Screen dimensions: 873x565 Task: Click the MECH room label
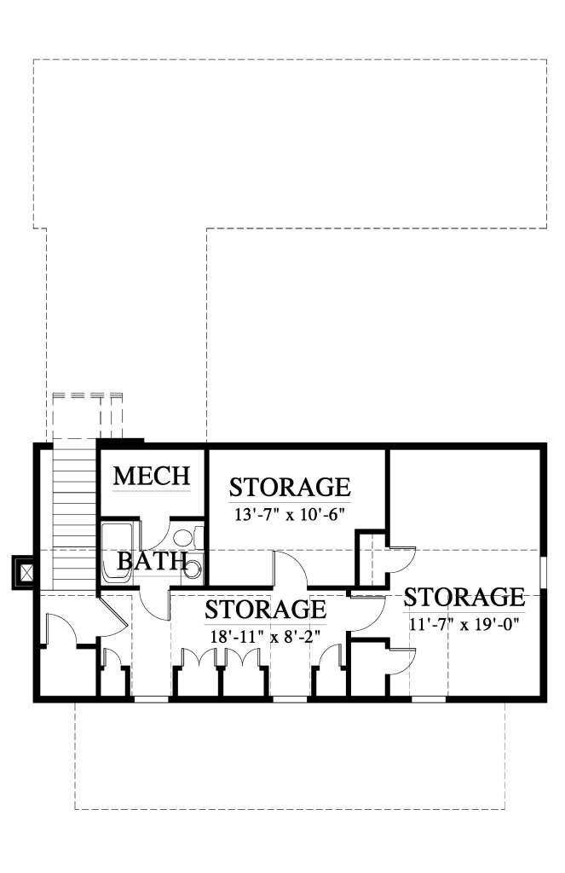click(x=153, y=476)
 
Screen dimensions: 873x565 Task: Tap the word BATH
click(x=153, y=561)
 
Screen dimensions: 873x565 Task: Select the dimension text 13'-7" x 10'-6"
click(x=291, y=516)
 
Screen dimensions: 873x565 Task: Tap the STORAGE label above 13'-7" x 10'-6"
click(x=290, y=488)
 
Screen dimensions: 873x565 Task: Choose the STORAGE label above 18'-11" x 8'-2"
click(x=266, y=610)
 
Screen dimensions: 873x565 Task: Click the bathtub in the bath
click(x=118, y=552)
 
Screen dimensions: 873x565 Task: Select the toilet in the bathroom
click(x=185, y=538)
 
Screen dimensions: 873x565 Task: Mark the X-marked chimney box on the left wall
click(x=25, y=571)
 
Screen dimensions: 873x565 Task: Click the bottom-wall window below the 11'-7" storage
click(x=429, y=700)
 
